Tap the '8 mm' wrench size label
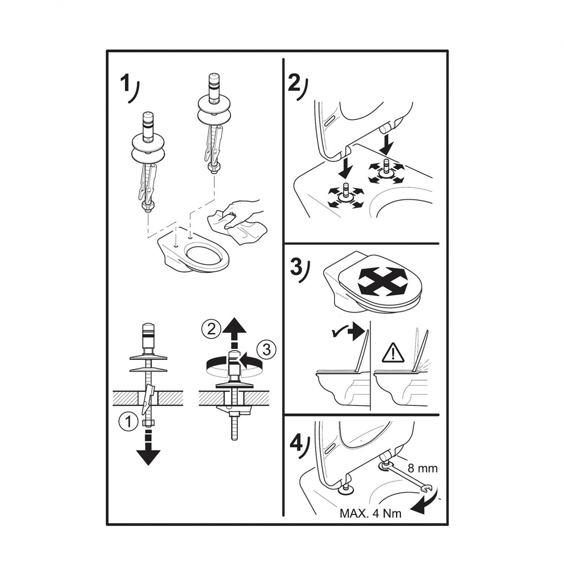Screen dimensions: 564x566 tap(422, 469)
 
